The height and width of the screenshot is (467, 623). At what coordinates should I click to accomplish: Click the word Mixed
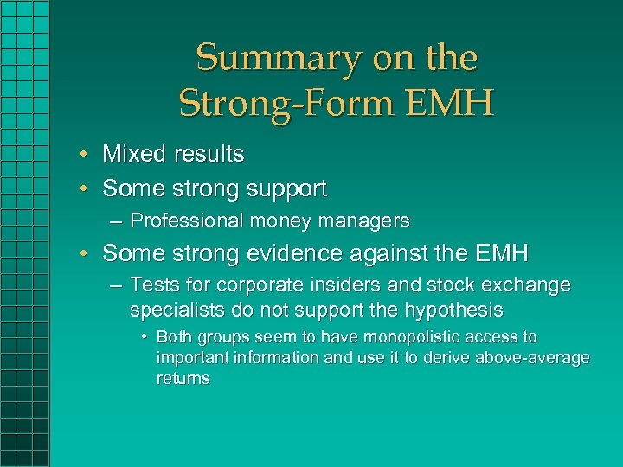tap(135, 155)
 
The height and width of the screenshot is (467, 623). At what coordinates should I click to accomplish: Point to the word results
tap(209, 155)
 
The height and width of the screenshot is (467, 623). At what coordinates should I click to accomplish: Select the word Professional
tap(187, 221)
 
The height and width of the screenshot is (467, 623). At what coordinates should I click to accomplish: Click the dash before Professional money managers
tap(116, 221)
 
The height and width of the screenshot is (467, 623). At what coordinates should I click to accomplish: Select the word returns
tap(183, 379)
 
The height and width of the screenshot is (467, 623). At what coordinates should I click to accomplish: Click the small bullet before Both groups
tap(144, 337)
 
